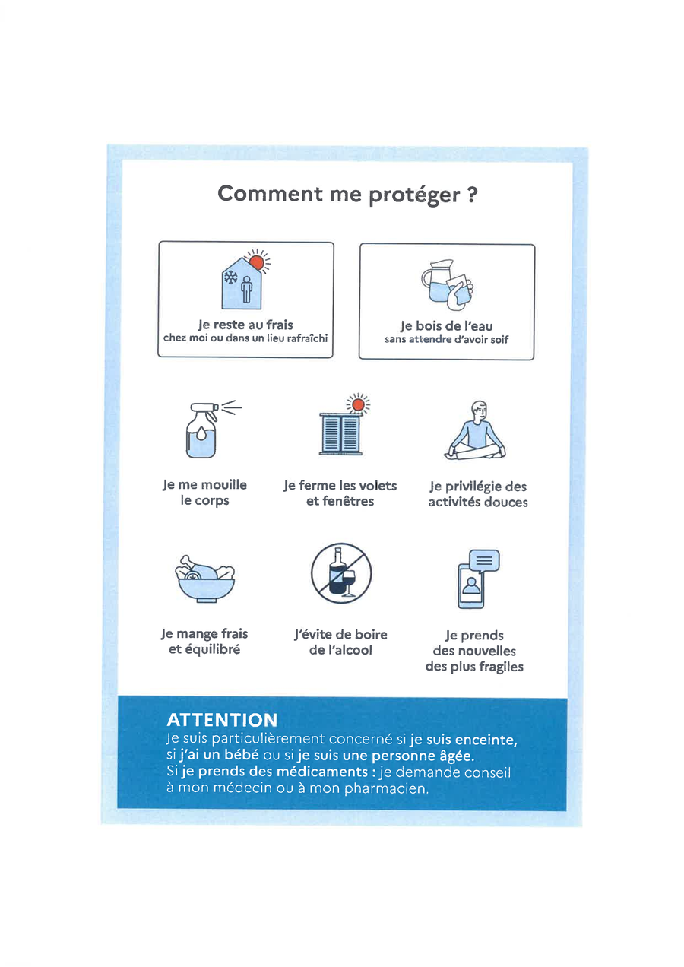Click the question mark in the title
[472, 195]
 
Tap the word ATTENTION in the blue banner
[222, 720]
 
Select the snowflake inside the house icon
[231, 277]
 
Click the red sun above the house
[256, 262]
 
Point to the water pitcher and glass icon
[447, 284]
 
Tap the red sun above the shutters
[358, 405]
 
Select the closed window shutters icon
[340, 433]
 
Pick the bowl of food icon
[205, 579]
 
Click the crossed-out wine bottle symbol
[341, 573]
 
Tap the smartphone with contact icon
[470, 586]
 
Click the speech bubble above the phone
[484, 561]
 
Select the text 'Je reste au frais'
[245, 325]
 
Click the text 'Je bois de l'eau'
[447, 326]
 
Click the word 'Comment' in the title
[270, 193]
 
